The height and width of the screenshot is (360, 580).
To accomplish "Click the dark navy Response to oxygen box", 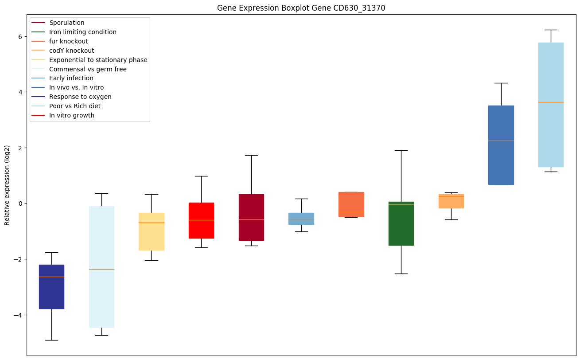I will coord(51,286).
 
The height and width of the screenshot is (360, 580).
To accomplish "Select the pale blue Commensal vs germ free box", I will coord(101,266).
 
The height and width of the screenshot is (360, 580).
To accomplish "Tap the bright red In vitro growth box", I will coord(201,220).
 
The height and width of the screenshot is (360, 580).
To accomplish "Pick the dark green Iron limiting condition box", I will coord(401,223).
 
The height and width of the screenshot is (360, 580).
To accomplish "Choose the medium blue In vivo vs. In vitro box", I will coord(501,145).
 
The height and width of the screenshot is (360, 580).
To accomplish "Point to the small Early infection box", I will coord(301,219).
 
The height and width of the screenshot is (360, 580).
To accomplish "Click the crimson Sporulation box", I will coord(251,217).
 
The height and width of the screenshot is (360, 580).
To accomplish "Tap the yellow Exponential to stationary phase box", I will coord(152,231).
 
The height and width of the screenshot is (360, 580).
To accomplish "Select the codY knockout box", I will coord(451,201).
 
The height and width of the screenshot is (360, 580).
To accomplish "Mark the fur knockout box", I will coord(351,204).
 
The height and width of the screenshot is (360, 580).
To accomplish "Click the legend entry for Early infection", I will coord(71,78).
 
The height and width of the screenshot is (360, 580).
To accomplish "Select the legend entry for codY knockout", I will coord(71,51).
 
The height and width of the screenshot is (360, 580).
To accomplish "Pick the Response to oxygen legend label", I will coord(80,97).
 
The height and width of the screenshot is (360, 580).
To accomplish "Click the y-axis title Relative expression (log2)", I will coord(7,185).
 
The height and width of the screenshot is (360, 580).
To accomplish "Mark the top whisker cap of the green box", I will coord(401,150).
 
